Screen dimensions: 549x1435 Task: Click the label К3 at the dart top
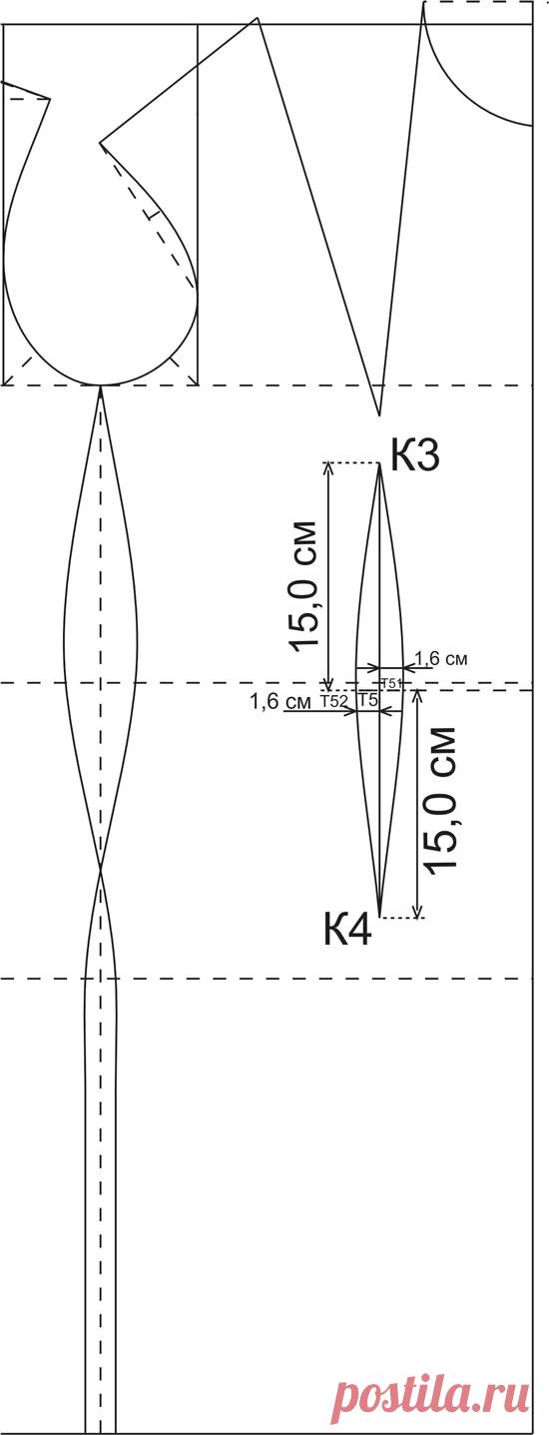tap(415, 456)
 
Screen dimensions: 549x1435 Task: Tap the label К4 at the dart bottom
tap(347, 930)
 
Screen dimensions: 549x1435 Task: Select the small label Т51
tap(391, 682)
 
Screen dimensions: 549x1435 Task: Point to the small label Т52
tap(333, 701)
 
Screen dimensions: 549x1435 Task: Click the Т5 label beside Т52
tap(368, 701)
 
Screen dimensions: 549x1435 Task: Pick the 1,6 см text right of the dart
tap(441, 658)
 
